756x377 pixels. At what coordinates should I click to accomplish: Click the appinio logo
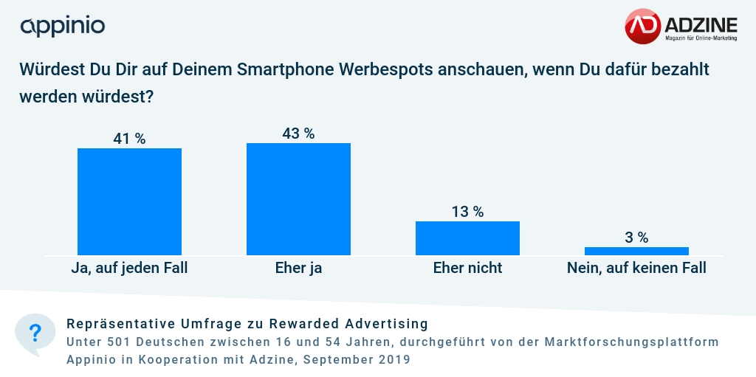pyautogui.click(x=63, y=27)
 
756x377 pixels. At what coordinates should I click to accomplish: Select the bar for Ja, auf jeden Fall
pyautogui.click(x=129, y=201)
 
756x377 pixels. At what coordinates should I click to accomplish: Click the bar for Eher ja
pyautogui.click(x=298, y=199)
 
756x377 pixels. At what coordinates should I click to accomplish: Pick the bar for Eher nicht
pyautogui.click(x=467, y=238)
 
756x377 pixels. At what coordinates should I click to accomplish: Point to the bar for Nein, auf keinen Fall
pyautogui.click(x=636, y=251)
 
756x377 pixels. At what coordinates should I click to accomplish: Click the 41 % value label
pyautogui.click(x=129, y=139)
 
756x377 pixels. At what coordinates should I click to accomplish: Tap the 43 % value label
pyautogui.click(x=298, y=134)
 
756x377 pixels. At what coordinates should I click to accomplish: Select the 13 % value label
pyautogui.click(x=467, y=212)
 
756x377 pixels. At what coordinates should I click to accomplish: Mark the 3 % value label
pyautogui.click(x=636, y=238)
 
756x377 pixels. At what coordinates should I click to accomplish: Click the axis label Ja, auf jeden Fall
pyautogui.click(x=129, y=268)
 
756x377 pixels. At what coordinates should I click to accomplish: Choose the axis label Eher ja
pyautogui.click(x=298, y=268)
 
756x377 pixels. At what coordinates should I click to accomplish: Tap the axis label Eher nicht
pyautogui.click(x=467, y=268)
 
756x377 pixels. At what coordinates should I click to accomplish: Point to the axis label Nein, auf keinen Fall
pyautogui.click(x=636, y=268)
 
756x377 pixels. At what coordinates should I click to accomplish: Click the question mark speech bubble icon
pyautogui.click(x=35, y=333)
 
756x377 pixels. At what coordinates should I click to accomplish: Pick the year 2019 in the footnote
pyautogui.click(x=392, y=360)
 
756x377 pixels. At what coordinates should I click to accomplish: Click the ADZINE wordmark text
pyautogui.click(x=701, y=23)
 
